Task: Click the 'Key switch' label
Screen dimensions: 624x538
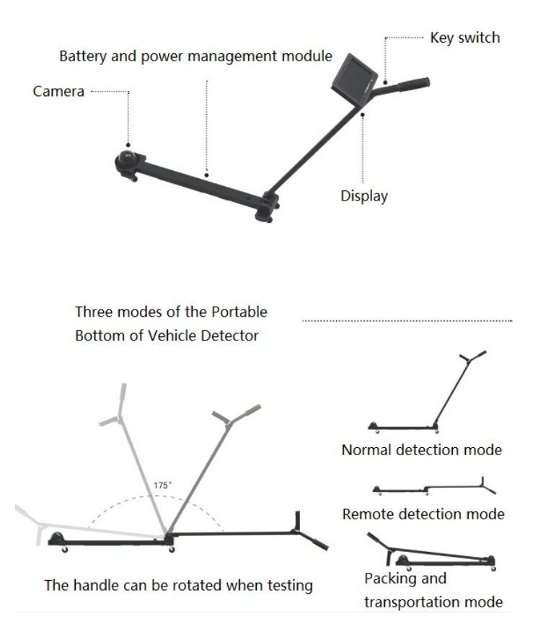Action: click(x=464, y=38)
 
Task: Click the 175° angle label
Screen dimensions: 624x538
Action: click(x=162, y=485)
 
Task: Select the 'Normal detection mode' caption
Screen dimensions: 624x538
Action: click(x=422, y=450)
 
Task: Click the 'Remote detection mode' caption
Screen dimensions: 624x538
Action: click(x=423, y=514)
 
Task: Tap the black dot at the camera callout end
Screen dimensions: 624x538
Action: click(x=130, y=144)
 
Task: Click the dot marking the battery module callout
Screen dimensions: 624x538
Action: click(x=207, y=174)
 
